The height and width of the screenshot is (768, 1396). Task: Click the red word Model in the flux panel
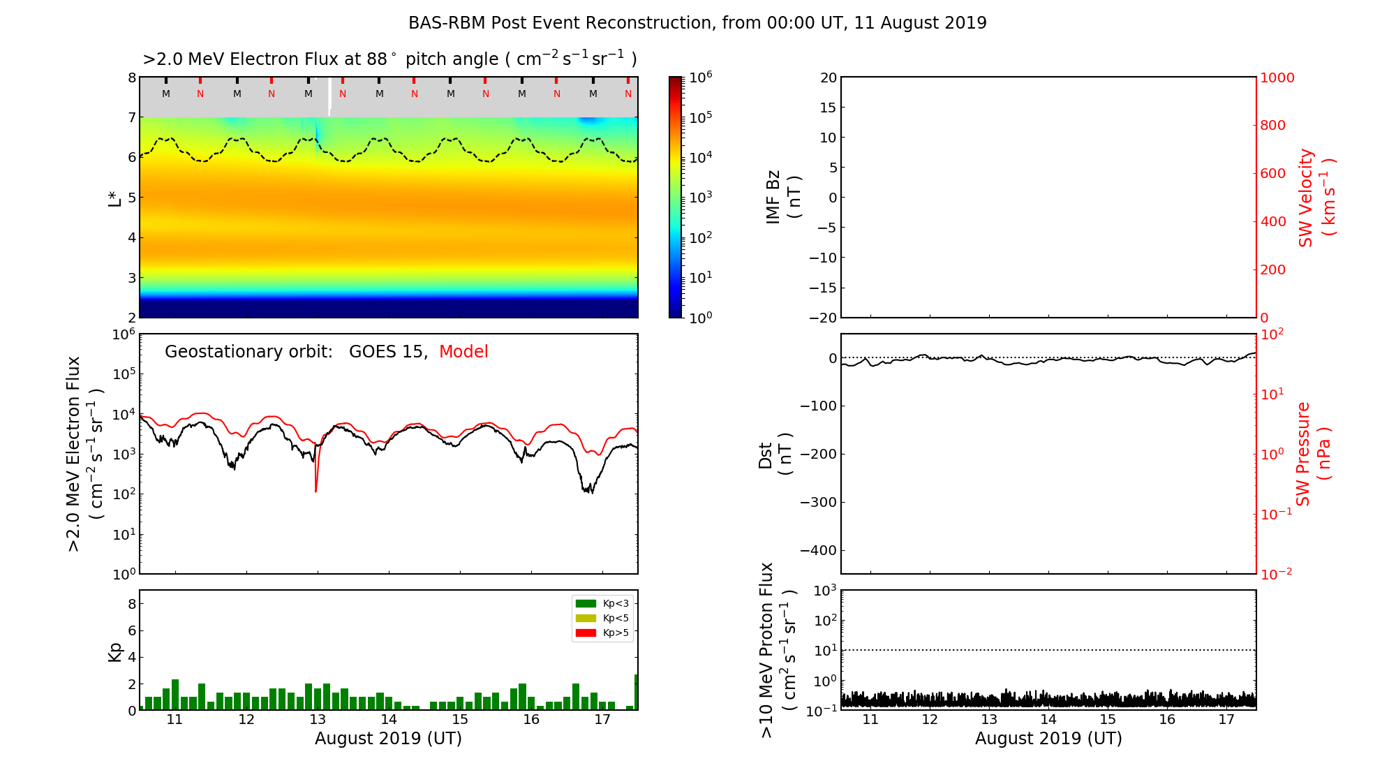(463, 352)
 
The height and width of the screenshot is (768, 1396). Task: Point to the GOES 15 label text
(387, 352)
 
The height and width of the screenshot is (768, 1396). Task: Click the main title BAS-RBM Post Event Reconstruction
(697, 23)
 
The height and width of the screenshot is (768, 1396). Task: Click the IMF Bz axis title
(783, 197)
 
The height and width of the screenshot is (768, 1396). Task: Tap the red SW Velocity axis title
(1316, 197)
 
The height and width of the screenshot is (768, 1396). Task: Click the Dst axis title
(775, 455)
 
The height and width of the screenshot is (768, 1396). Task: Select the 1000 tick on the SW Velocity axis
(1277, 77)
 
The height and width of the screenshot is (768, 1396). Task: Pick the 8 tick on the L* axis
(132, 77)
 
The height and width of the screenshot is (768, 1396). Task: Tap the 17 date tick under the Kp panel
(602, 720)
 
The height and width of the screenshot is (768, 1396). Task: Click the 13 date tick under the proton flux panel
(989, 720)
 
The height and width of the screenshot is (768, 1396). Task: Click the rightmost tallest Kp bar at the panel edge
(636, 692)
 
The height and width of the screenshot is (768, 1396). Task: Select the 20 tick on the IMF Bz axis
(829, 77)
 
